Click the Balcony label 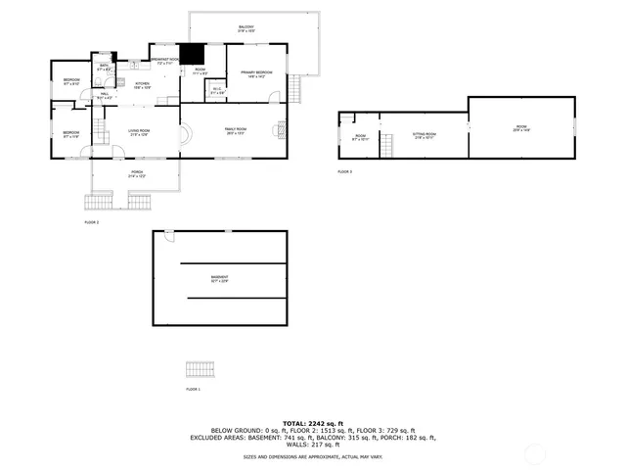click(246, 28)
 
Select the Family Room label click(235, 131)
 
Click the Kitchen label click(141, 86)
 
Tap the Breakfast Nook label click(163, 61)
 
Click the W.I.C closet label click(217, 92)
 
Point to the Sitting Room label click(424, 135)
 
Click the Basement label click(219, 279)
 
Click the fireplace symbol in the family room click(282, 127)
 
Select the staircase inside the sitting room click(388, 147)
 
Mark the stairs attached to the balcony click(292, 91)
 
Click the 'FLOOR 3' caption click(344, 171)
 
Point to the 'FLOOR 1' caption click(193, 390)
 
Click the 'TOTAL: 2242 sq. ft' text click(313, 423)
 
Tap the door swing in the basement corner click(168, 237)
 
